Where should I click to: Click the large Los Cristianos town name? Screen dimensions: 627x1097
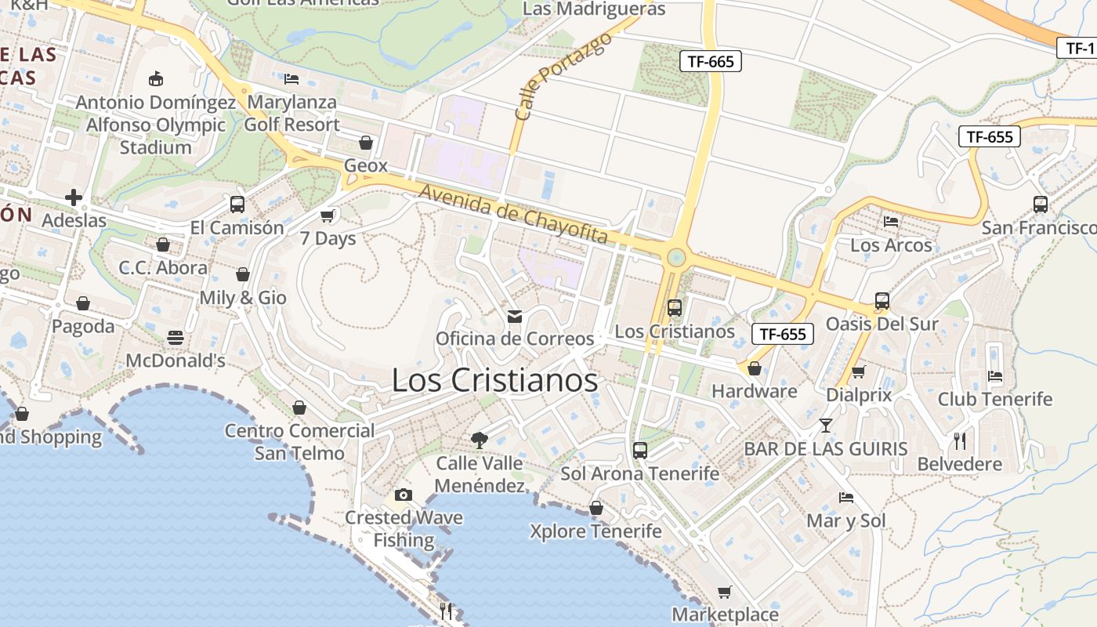point(494,381)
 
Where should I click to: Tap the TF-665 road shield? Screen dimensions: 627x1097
point(710,61)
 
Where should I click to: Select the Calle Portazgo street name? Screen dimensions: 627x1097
point(563,76)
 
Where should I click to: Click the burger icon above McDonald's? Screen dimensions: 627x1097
point(176,338)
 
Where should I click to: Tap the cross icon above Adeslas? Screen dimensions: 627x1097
point(74,198)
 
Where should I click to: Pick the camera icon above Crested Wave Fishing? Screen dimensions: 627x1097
point(404,495)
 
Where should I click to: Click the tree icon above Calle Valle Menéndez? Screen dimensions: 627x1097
point(479,440)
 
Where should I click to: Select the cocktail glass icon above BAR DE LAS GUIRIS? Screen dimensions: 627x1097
point(825,426)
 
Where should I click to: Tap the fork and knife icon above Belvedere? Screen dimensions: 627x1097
point(960,441)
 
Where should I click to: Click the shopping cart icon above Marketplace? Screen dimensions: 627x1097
point(725,592)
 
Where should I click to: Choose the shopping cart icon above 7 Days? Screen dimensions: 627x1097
point(328,216)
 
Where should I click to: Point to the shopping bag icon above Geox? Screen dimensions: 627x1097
point(365,143)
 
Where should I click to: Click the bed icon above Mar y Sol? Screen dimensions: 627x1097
point(845,498)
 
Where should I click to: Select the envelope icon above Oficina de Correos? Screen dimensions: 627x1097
point(515,316)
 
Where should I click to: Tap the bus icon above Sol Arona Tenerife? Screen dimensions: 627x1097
point(640,451)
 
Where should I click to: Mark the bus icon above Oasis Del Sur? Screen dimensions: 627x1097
point(882,301)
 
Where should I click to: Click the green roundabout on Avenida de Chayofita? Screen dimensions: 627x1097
point(675,257)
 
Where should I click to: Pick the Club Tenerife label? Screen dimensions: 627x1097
point(995,399)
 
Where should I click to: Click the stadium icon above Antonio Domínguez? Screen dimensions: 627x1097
point(156,78)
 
